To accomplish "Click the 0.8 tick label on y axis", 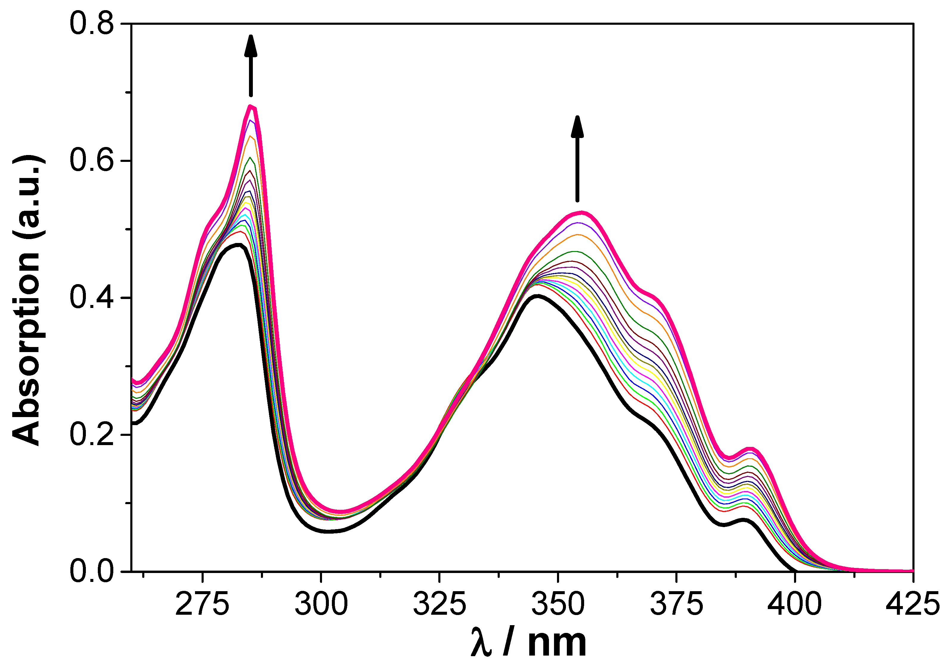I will coord(91,24).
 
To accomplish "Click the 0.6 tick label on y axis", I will coord(91,160).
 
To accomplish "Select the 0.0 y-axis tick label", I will coord(91,571).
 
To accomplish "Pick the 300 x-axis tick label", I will coord(321,605).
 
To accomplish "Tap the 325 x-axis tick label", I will coord(439,605).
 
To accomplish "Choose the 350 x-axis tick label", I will coord(558,605).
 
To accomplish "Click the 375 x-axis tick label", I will coord(677,605).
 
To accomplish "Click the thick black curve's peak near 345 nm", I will coord(538,296).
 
